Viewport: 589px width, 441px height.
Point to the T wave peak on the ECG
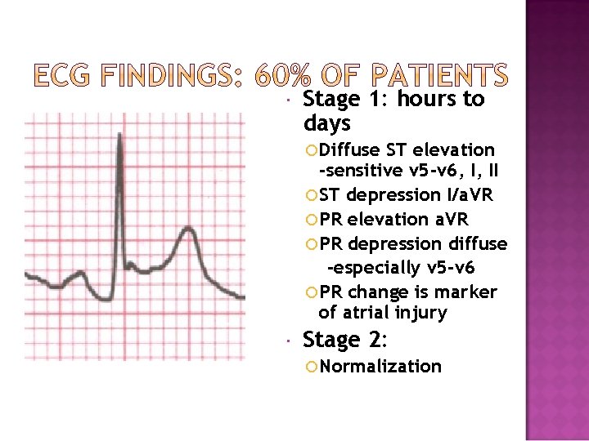point(188,229)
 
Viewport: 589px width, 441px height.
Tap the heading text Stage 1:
point(344,100)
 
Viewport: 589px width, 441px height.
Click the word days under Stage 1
point(326,124)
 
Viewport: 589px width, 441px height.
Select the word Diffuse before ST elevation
point(349,150)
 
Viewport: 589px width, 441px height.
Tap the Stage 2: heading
point(344,340)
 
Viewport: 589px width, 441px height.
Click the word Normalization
point(380,366)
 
